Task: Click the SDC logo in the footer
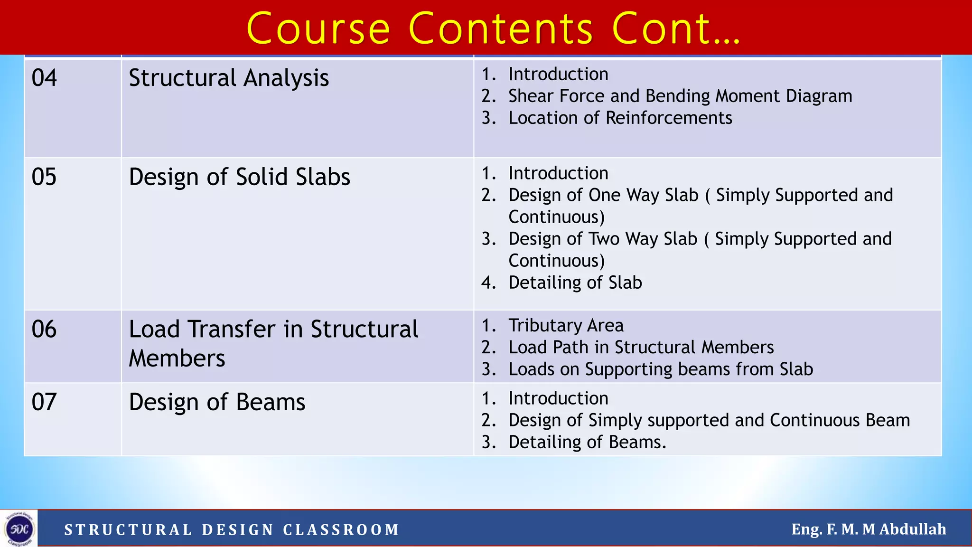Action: pyautogui.click(x=19, y=528)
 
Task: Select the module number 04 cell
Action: pyautogui.click(x=44, y=78)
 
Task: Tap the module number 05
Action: pyautogui.click(x=44, y=177)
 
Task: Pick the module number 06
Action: pyautogui.click(x=44, y=329)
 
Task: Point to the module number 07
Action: pyautogui.click(x=44, y=402)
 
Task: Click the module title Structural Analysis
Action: pyautogui.click(x=229, y=78)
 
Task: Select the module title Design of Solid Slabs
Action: pyautogui.click(x=239, y=177)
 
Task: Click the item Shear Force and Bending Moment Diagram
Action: pyautogui.click(x=680, y=96)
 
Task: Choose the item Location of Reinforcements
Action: pyautogui.click(x=620, y=118)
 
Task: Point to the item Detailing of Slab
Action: pyautogui.click(x=575, y=283)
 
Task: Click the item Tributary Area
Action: pyautogui.click(x=566, y=326)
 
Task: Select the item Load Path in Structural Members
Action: pyautogui.click(x=641, y=348)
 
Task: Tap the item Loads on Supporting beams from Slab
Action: pyautogui.click(x=661, y=369)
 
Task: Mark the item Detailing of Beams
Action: pyautogui.click(x=587, y=443)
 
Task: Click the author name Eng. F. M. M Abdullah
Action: pyautogui.click(x=869, y=529)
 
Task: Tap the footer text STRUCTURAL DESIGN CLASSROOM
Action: pyautogui.click(x=232, y=529)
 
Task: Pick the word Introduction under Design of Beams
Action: pyautogui.click(x=558, y=399)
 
